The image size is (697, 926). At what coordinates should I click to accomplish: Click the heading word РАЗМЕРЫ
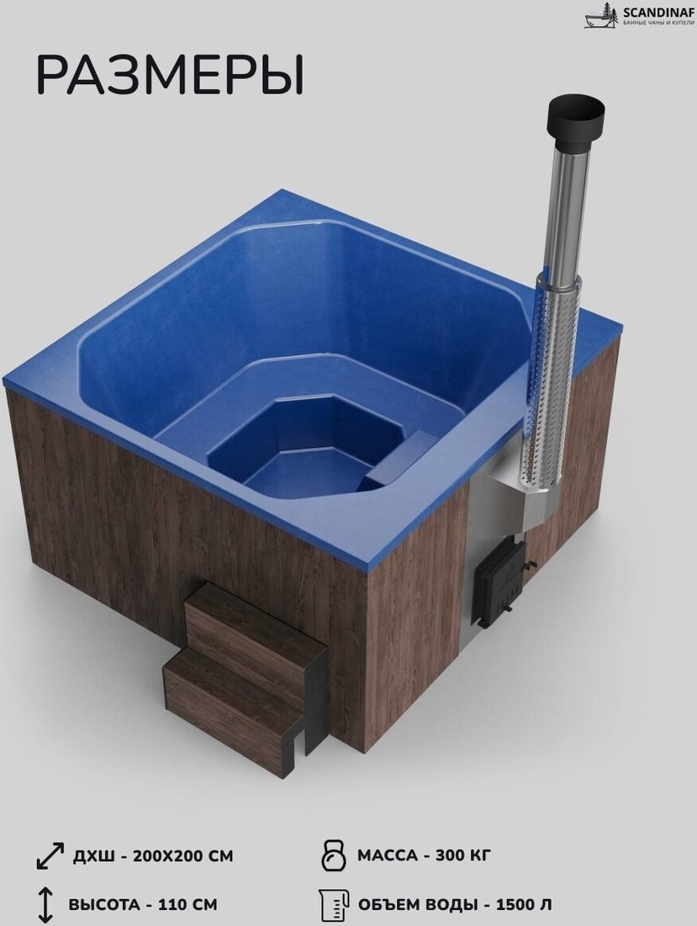pos(171,76)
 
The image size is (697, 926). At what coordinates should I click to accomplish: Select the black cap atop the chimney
pos(578,120)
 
